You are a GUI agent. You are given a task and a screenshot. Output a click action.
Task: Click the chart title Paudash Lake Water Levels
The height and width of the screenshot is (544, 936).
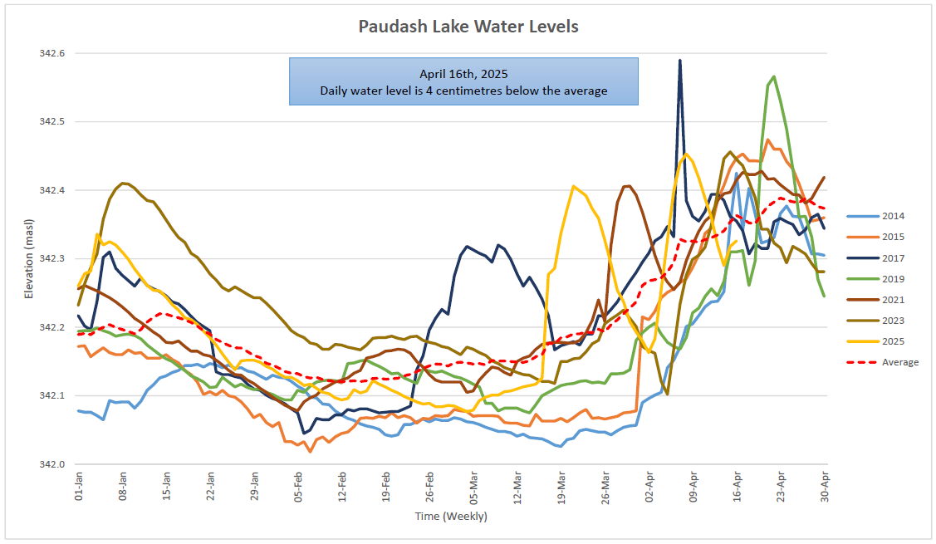tap(468, 27)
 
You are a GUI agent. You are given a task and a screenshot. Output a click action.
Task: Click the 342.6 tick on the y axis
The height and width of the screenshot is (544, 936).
tap(51, 54)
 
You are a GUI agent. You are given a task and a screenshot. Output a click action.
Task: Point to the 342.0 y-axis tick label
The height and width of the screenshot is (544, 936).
tap(51, 464)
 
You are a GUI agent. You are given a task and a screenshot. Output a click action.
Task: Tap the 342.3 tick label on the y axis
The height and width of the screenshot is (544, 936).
tap(51, 259)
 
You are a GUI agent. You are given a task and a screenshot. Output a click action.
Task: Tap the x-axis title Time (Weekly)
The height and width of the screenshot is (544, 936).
tap(451, 517)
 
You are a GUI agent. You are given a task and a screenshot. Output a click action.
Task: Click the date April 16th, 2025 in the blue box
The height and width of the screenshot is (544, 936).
tap(463, 74)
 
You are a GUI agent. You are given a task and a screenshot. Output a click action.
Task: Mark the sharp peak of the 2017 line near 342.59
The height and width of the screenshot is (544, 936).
tap(680, 61)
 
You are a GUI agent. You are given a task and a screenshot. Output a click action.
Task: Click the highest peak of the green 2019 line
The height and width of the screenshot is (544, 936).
tap(774, 76)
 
